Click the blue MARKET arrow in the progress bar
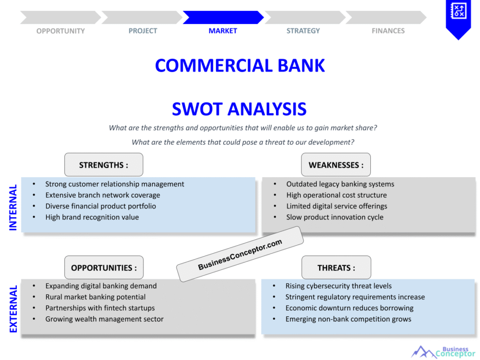[223, 17]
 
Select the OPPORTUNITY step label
[60, 31]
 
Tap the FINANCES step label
[388, 31]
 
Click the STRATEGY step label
[303, 31]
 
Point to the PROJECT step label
[142, 31]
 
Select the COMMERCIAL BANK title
[240, 66]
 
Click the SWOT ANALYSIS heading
[239, 109]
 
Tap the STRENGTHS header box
[104, 165]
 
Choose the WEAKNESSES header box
[336, 165]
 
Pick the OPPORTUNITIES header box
[104, 268]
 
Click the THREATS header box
[336, 268]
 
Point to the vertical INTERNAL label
[13, 207]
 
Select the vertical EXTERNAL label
[13, 309]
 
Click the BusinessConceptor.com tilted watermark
[240, 254]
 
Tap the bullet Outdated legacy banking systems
[340, 184]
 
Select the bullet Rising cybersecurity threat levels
[338, 286]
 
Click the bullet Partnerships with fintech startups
[100, 308]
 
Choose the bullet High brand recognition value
[92, 217]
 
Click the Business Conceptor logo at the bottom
[443, 352]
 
